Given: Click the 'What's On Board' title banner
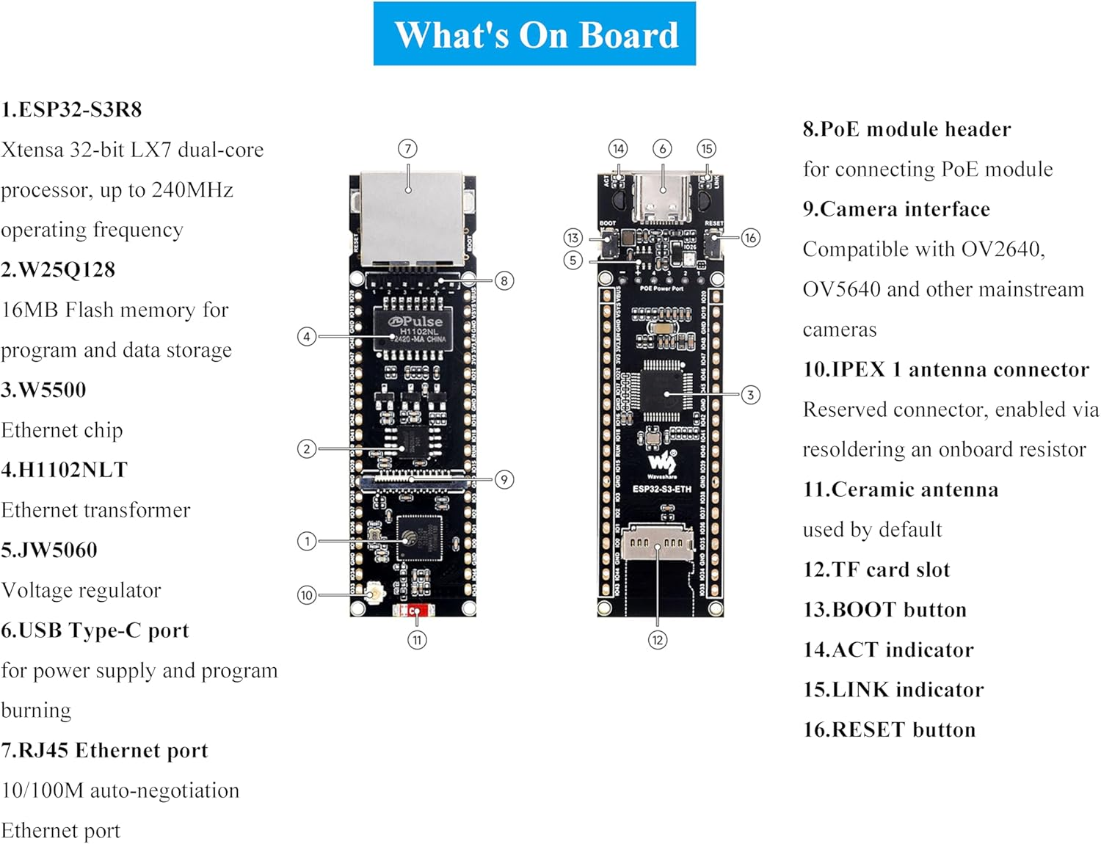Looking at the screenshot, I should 534,34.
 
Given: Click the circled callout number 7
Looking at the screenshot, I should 407,149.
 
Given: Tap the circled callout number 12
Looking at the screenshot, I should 657,640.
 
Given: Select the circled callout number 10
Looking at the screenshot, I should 307,594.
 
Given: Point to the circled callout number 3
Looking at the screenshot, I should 750,395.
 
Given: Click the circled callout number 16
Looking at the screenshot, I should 750,238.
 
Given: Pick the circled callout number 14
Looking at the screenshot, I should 618,149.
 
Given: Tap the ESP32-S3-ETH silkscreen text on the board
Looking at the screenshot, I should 661,489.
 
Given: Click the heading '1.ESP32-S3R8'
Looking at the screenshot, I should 71,110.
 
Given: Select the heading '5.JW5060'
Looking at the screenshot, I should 49,550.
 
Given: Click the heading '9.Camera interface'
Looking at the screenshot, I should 896,209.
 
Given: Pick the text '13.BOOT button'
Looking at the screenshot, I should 884,610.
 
